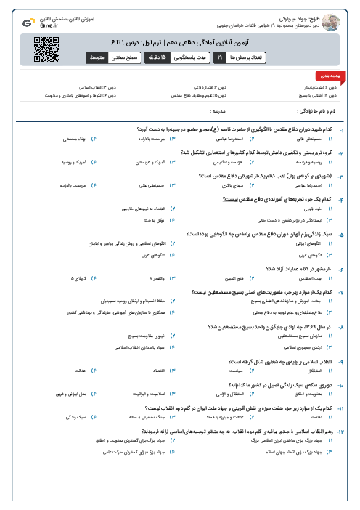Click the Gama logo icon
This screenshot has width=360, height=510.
click(x=28, y=22)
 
